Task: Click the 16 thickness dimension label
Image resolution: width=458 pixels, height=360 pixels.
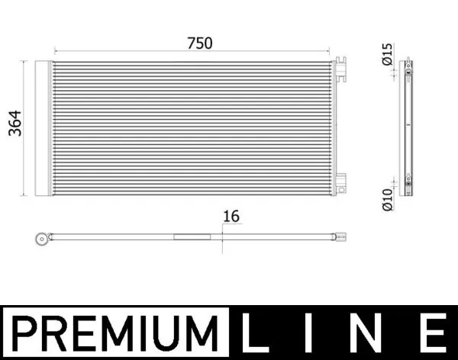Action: coord(231,217)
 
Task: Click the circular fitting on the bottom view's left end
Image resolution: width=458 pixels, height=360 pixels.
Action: coord(41,239)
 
